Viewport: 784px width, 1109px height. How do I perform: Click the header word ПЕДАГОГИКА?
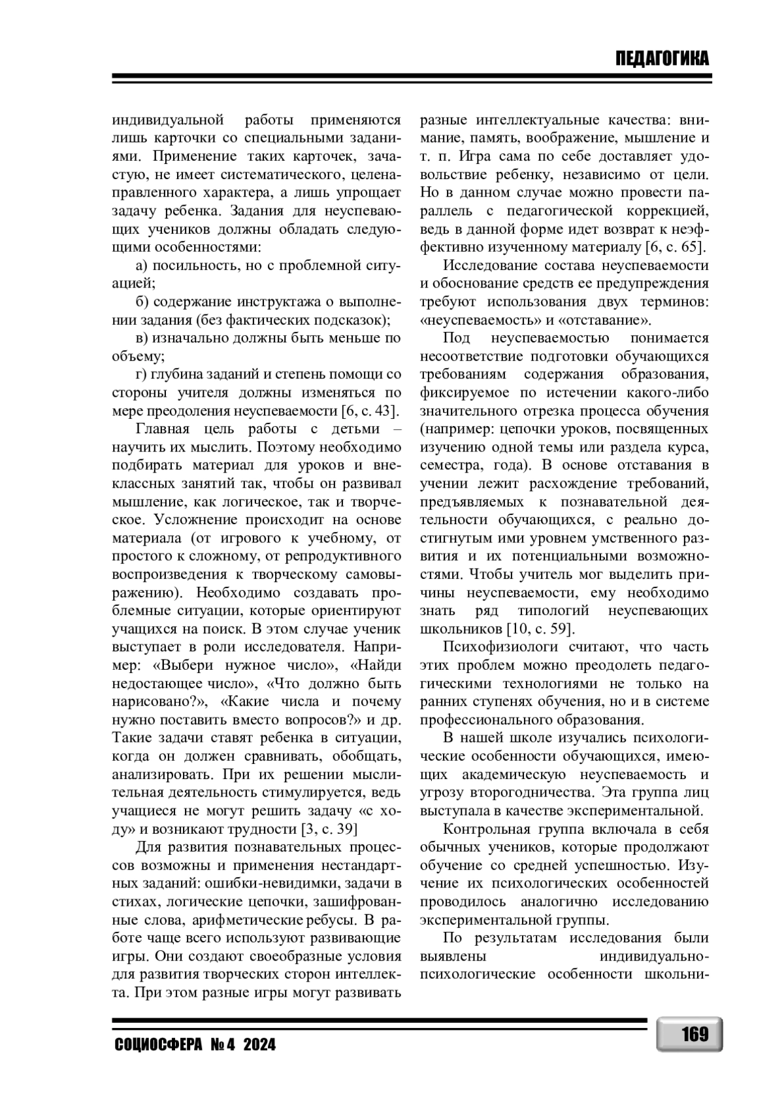click(661, 59)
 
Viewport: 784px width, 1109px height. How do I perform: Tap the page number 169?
click(694, 1035)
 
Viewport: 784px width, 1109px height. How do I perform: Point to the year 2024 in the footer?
click(259, 1045)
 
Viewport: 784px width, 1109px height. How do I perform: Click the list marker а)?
click(142, 266)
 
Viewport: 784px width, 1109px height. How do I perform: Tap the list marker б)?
click(142, 302)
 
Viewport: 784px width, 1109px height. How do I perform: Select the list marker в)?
click(142, 338)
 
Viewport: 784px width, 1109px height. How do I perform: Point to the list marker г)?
click(141, 374)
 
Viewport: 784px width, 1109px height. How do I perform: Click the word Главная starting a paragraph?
click(162, 429)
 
